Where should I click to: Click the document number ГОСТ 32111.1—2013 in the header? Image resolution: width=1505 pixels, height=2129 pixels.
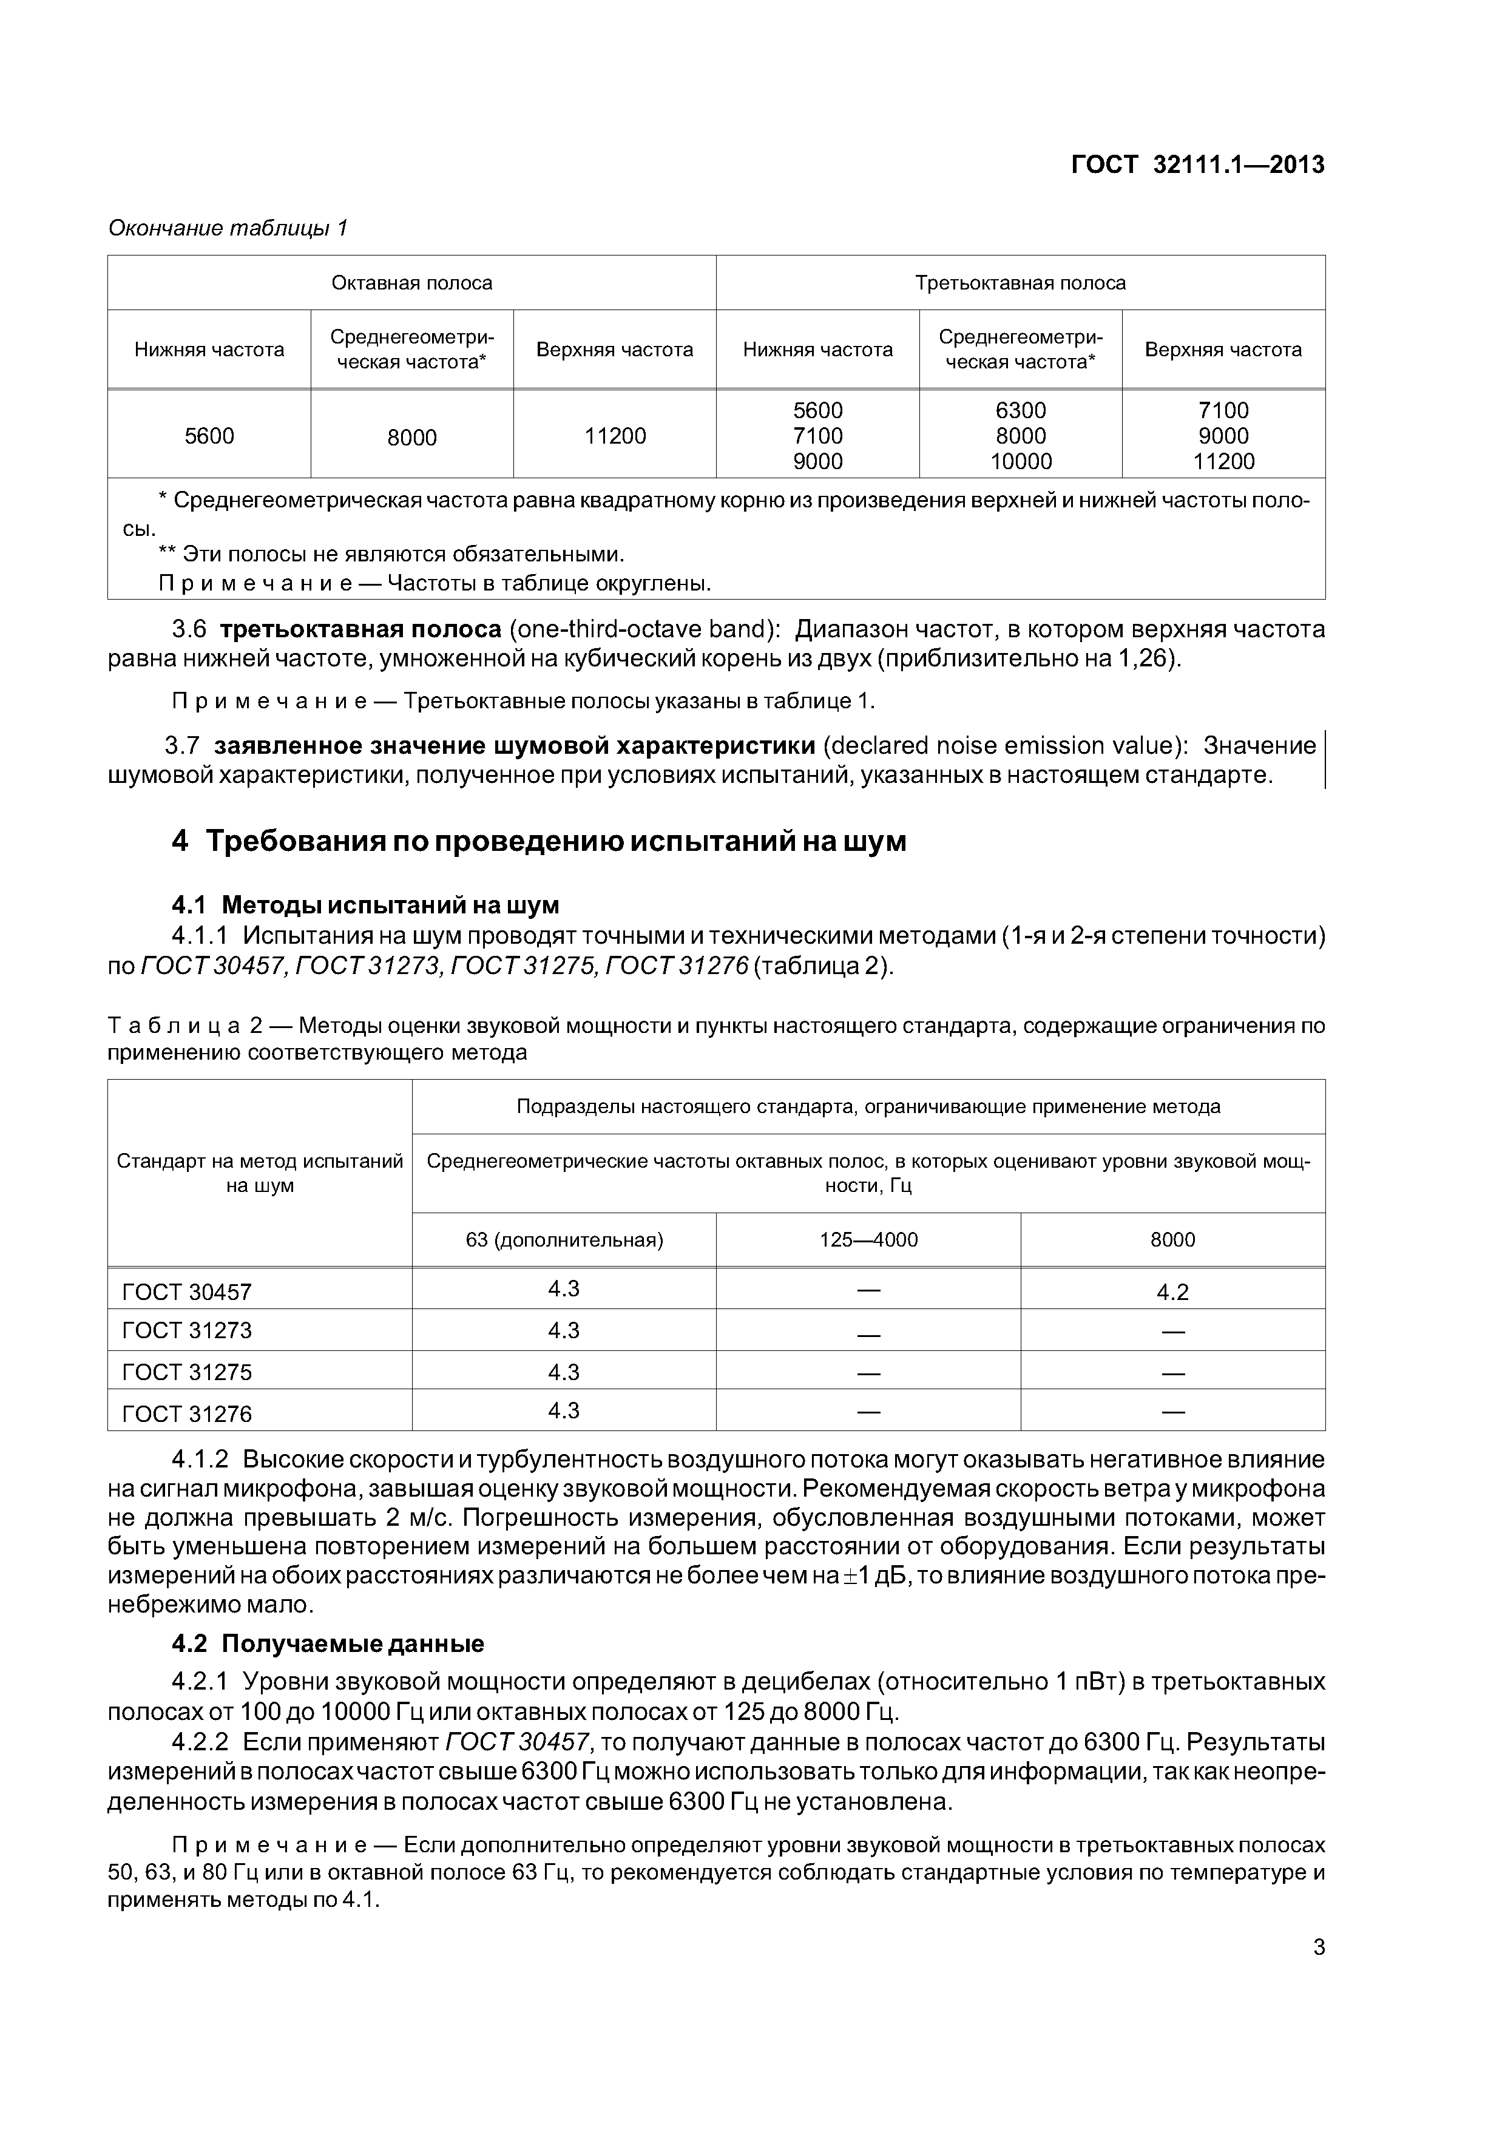[1197, 165]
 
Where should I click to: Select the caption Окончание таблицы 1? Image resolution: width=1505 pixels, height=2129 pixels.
[228, 228]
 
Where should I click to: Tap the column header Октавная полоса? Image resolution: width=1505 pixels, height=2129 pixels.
[411, 283]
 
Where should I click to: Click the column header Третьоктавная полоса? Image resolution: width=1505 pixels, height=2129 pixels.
[1020, 283]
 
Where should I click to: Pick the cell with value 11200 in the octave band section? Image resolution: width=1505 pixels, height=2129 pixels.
[615, 436]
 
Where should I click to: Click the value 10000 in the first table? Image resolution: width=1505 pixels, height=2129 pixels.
[1020, 462]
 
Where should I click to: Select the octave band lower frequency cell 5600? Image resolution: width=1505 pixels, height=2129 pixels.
[209, 436]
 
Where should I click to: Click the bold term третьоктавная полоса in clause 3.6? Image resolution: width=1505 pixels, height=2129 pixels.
[360, 629]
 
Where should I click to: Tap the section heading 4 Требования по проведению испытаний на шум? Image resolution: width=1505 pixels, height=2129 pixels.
[539, 841]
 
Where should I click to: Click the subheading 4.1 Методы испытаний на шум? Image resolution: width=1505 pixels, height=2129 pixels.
[365, 904]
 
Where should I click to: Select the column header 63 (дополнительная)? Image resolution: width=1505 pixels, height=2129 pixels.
[564, 1240]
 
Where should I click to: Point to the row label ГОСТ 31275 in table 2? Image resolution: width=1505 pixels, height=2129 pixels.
[188, 1372]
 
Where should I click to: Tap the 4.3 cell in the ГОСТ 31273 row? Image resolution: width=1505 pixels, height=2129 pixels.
[564, 1330]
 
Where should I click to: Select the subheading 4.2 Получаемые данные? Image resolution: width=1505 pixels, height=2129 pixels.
[328, 1644]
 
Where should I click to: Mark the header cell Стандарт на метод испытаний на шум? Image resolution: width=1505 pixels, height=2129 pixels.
[260, 1173]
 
